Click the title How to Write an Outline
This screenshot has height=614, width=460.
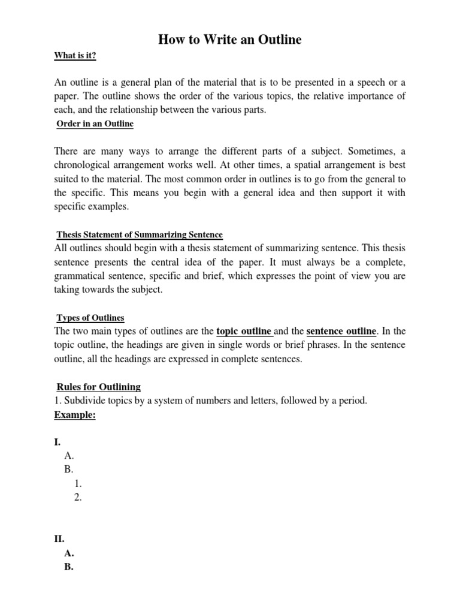point(229,40)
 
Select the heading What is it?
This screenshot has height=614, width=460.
point(75,56)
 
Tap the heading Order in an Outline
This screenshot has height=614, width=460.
point(95,124)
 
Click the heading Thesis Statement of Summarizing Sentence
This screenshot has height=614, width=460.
point(139,234)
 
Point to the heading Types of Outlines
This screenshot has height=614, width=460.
point(90,317)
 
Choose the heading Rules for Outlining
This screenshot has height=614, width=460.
point(98,387)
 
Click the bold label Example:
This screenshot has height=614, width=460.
point(75,415)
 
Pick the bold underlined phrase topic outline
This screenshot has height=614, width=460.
point(244,331)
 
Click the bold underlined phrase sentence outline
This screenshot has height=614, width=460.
point(341,331)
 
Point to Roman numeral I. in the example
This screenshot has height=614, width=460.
point(57,442)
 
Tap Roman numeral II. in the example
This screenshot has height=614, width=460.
point(59,539)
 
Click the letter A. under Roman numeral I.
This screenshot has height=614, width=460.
point(69,456)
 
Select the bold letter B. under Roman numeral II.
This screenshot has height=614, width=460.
point(68,567)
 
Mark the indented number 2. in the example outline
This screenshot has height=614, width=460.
point(78,496)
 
